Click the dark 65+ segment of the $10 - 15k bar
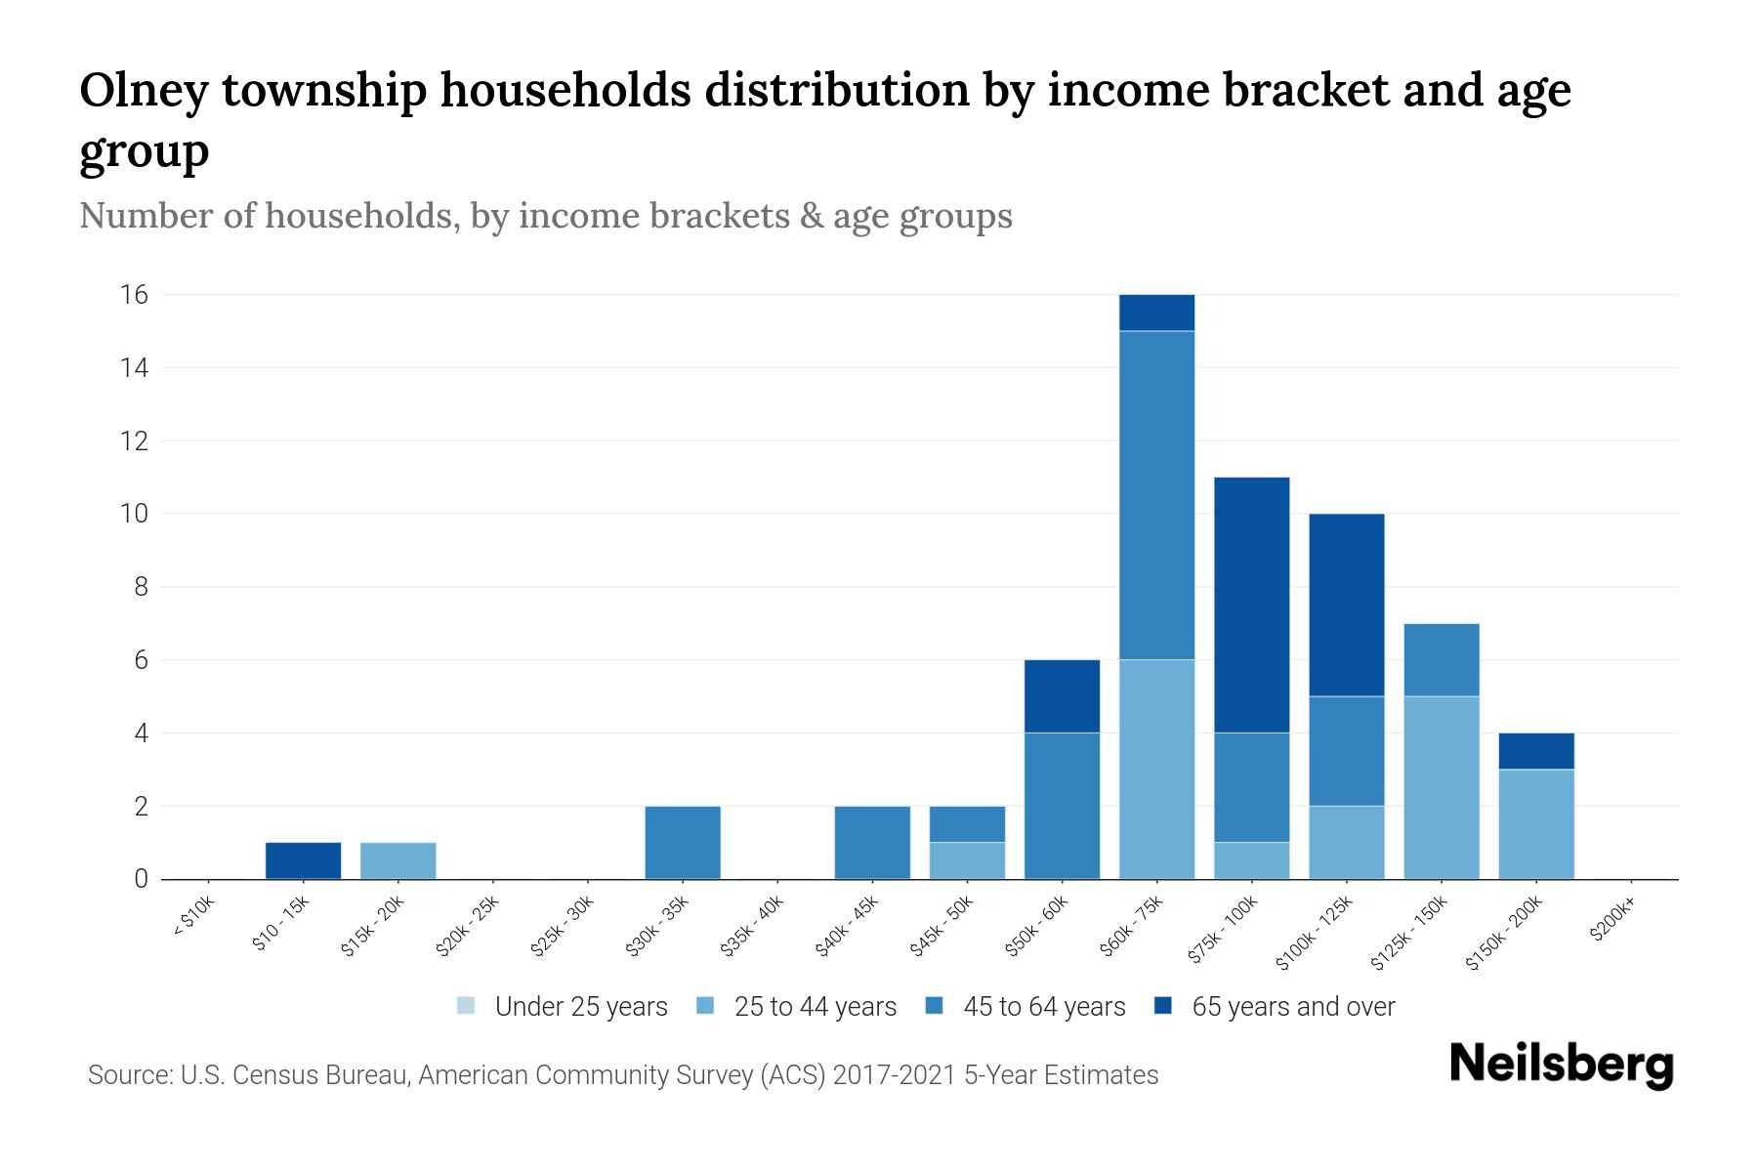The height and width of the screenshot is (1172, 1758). click(x=303, y=860)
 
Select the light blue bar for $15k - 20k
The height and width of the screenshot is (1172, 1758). click(x=398, y=860)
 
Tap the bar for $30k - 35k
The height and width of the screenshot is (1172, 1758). click(x=683, y=842)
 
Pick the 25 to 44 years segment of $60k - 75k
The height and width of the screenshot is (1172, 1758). click(x=1156, y=769)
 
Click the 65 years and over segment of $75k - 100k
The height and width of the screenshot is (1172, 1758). click(x=1251, y=605)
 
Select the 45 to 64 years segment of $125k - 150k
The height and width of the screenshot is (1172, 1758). click(x=1441, y=659)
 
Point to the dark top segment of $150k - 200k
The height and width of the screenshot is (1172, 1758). click(x=1535, y=751)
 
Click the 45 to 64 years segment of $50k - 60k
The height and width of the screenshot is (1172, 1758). click(x=1062, y=806)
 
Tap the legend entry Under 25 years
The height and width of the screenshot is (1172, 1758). click(x=562, y=1006)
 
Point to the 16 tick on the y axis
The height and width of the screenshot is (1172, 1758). click(x=135, y=294)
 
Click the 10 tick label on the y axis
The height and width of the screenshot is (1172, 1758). click(x=135, y=514)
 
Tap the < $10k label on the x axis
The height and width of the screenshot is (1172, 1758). click(x=193, y=917)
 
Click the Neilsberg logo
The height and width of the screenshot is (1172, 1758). click(x=1561, y=1066)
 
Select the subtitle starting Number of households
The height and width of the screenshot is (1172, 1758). click(x=545, y=216)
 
